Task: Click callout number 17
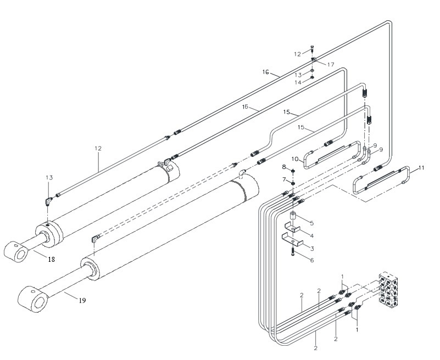click(x=331, y=65)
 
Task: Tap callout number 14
click(x=298, y=82)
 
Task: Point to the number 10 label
click(x=295, y=159)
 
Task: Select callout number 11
click(x=421, y=168)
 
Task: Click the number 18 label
click(x=51, y=260)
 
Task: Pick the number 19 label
click(x=82, y=301)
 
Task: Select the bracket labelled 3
click(x=293, y=239)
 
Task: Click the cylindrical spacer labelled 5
click(x=293, y=217)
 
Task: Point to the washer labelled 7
click(x=293, y=183)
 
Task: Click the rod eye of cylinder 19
click(x=33, y=300)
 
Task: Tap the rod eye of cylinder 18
click(x=16, y=252)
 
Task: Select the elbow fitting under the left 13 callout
click(x=48, y=201)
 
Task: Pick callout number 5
click(x=312, y=223)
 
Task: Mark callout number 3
click(x=312, y=248)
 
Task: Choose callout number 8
click(x=284, y=167)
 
